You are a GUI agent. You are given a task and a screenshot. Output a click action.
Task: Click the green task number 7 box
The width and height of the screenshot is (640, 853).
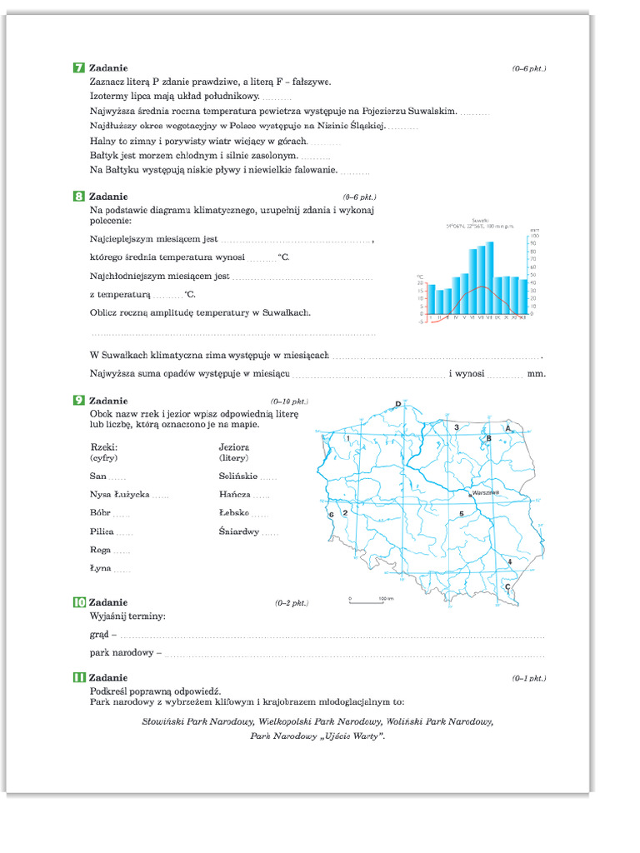click(79, 67)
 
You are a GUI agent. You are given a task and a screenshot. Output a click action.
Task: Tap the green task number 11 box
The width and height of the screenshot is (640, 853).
click(79, 678)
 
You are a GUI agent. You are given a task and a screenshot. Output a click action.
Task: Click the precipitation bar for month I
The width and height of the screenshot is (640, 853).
click(431, 299)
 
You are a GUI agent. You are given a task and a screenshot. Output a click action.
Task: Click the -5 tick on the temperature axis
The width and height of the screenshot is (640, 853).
click(422, 322)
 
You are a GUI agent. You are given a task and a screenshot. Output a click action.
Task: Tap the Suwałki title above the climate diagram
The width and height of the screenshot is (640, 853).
click(479, 219)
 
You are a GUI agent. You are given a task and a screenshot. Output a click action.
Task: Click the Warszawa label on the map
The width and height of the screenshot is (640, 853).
click(485, 492)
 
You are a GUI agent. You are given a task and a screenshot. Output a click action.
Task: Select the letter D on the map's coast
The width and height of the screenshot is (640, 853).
click(397, 404)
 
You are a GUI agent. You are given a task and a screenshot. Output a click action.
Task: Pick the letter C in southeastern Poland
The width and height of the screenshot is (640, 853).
click(507, 586)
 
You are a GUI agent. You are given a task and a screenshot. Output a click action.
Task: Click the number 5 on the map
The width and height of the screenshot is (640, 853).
click(461, 514)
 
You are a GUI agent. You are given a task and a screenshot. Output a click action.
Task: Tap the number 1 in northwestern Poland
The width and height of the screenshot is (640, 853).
click(347, 439)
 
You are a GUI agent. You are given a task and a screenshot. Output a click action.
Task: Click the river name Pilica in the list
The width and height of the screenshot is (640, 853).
click(102, 531)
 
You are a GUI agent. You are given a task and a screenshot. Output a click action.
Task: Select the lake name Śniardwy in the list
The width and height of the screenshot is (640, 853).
click(238, 531)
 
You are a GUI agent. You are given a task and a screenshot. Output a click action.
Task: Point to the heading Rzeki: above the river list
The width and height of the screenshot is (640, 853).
click(103, 447)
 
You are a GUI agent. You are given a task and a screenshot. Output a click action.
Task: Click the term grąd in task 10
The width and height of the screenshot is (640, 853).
click(99, 635)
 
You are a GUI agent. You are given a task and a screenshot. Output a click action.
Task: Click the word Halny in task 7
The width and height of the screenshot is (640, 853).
click(102, 142)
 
